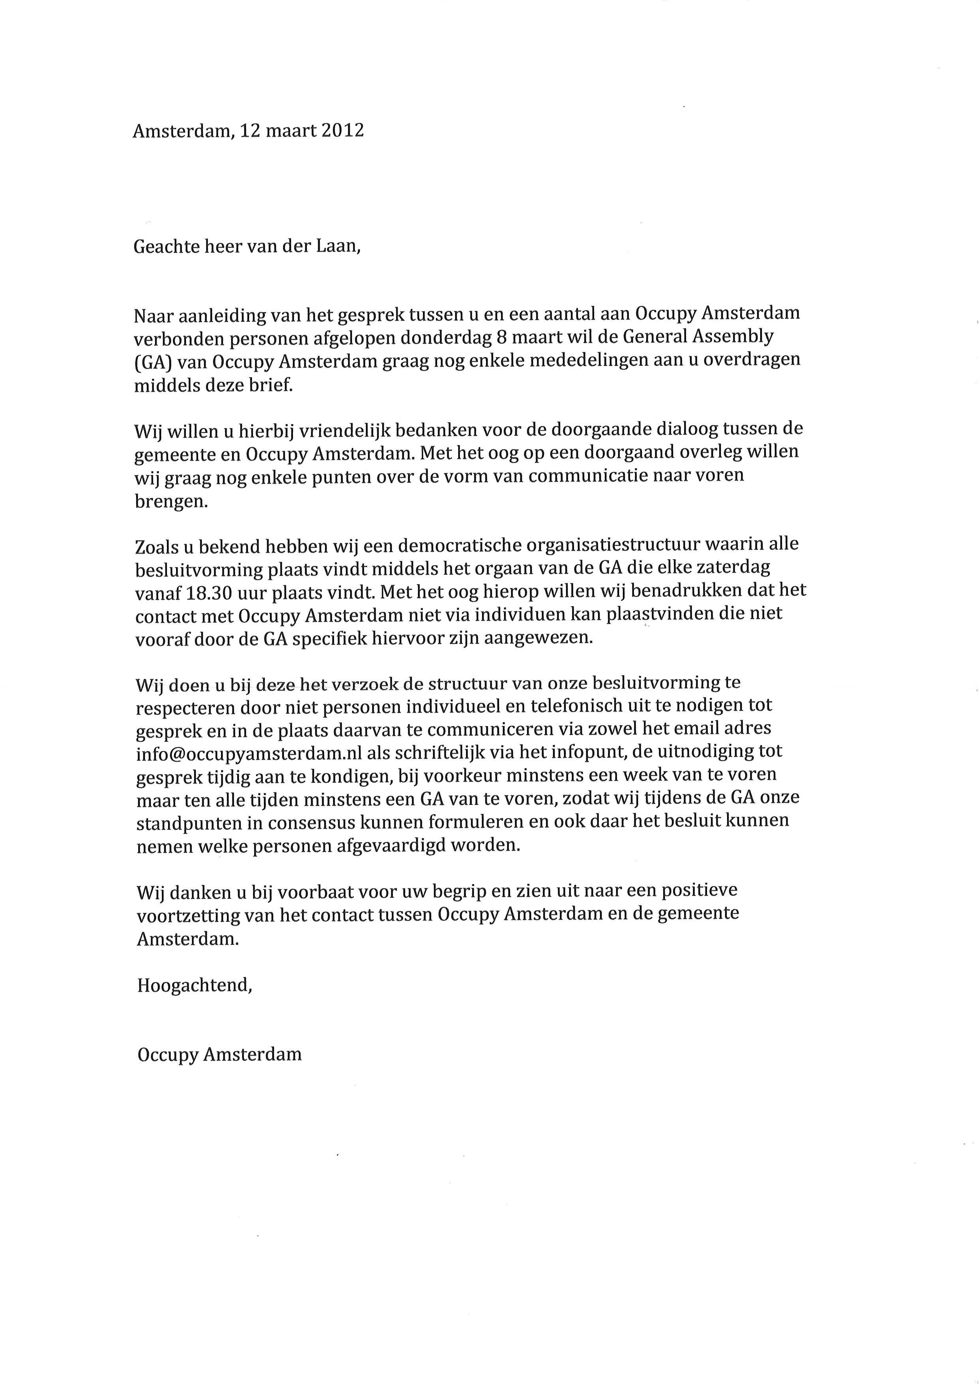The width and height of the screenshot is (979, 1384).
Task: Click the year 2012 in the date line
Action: [342, 131]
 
